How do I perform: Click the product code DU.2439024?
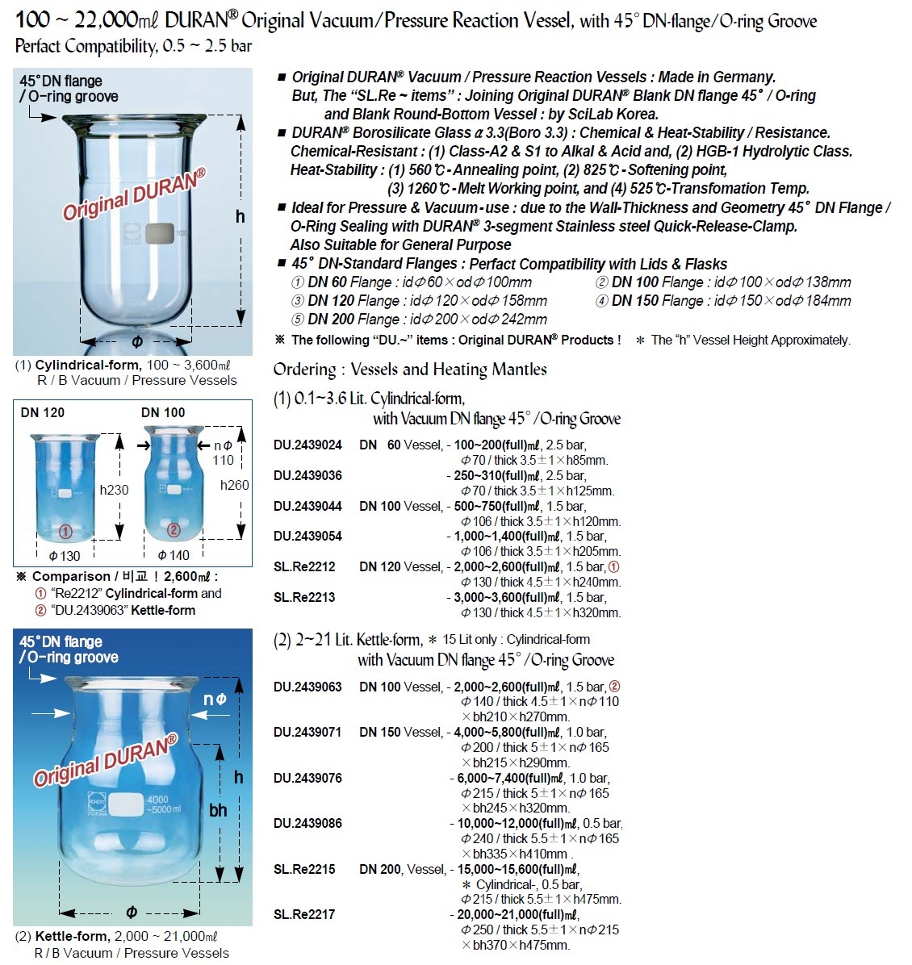click(x=307, y=445)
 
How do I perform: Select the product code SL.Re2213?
click(x=304, y=597)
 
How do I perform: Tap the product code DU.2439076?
click(x=307, y=778)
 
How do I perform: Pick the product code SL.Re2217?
click(x=304, y=914)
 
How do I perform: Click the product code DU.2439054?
click(x=307, y=536)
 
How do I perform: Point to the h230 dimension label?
click(x=114, y=490)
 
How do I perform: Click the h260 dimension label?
click(x=234, y=485)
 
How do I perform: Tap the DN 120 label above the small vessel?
click(x=43, y=412)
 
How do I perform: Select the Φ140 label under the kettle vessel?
click(x=173, y=555)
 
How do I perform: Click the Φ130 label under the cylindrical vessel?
click(x=65, y=556)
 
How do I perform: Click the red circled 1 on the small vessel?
click(x=66, y=531)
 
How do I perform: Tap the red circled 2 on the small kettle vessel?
click(x=174, y=530)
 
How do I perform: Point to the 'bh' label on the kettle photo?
click(x=218, y=810)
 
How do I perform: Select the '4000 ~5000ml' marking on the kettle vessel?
click(x=164, y=804)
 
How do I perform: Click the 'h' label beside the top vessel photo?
click(x=240, y=216)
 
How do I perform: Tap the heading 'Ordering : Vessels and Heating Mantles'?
click(x=410, y=370)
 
